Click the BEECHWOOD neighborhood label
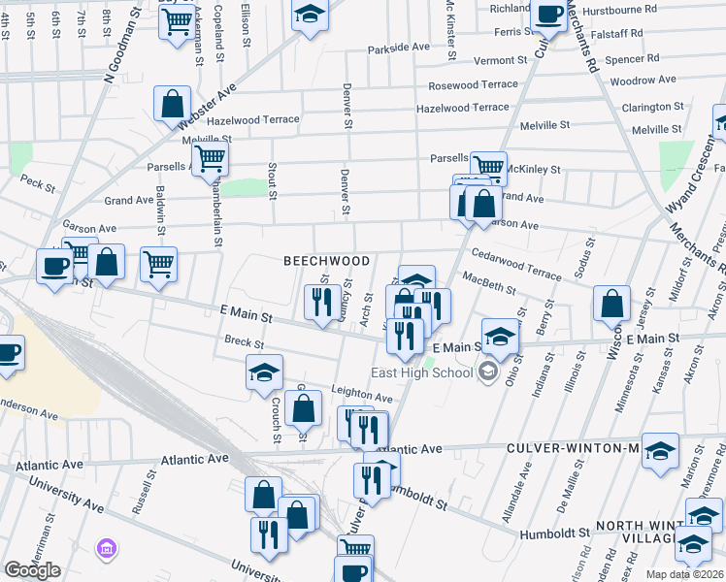coord(326,262)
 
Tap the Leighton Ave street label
coord(362,398)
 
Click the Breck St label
coord(244,342)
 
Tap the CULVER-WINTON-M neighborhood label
coord(573,449)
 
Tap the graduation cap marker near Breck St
coord(265,373)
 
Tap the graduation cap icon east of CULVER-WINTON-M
coord(660,451)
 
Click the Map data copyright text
coord(685,574)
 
